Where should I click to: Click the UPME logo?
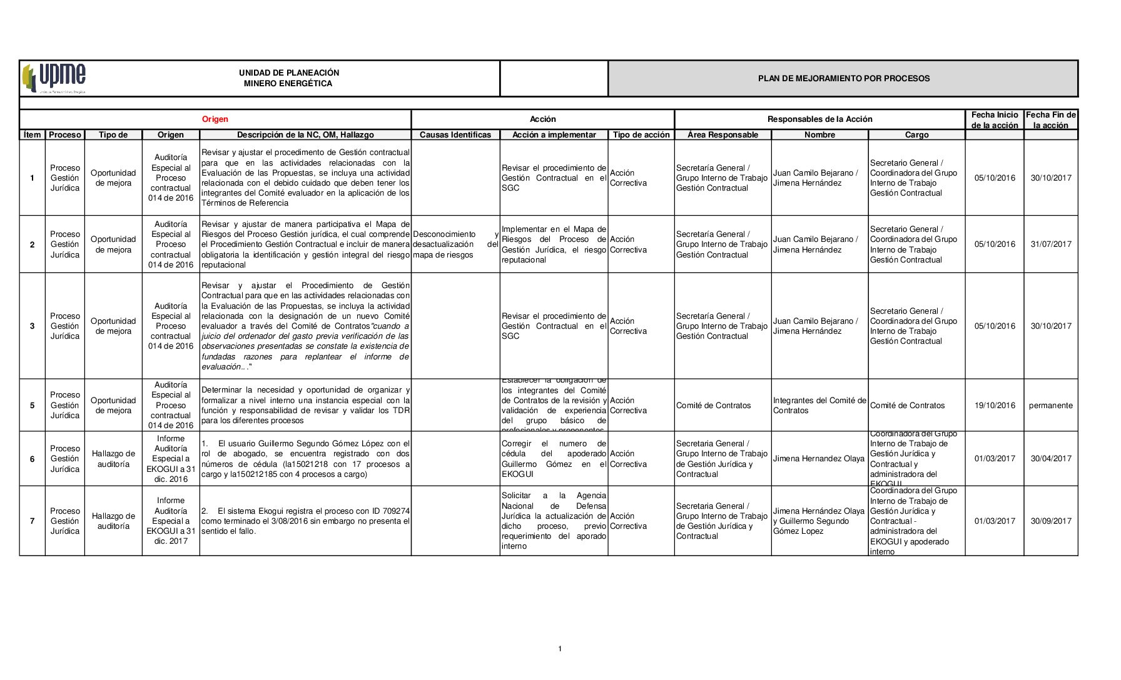pos(54,78)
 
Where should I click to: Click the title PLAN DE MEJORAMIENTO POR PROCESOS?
pos(843,79)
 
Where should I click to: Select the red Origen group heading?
pos(215,119)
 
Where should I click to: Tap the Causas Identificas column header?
pos(455,135)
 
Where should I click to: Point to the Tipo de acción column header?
pos(641,135)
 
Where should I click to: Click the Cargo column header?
pos(916,135)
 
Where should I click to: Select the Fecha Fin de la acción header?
pos(1050,120)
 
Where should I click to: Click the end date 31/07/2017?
pos(1050,244)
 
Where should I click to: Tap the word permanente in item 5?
pos(1050,406)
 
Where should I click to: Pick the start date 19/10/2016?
pos(995,406)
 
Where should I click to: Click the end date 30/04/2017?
pos(1050,459)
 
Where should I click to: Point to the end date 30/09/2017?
pos(1050,521)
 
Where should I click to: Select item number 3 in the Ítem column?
pos(33,326)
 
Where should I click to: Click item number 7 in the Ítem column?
pos(33,521)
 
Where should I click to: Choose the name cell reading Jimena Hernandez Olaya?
pos(818,459)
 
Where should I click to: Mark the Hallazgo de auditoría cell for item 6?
pos(113,459)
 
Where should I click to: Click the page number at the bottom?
pos(560,649)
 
